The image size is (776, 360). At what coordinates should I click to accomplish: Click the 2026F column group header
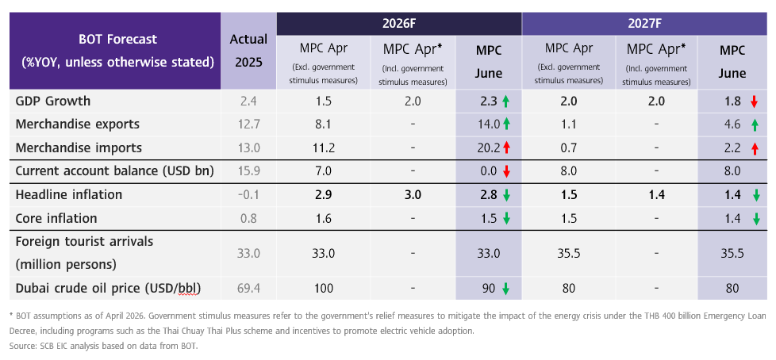pyautogui.click(x=399, y=24)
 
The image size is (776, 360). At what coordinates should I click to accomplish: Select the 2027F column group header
pyautogui.click(x=644, y=24)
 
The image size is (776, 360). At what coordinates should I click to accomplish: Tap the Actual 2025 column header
pyautogui.click(x=248, y=51)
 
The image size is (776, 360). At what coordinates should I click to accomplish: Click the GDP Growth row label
pyautogui.click(x=53, y=101)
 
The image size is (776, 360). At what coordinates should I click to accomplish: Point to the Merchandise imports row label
pyautogui.click(x=79, y=147)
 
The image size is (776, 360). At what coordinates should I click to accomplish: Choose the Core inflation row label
pyautogui.click(x=56, y=218)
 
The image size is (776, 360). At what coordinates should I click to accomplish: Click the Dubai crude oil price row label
pyautogui.click(x=108, y=289)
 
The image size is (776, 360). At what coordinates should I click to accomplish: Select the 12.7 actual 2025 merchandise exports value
pyautogui.click(x=249, y=124)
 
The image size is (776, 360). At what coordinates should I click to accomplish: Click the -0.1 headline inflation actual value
pyautogui.click(x=249, y=195)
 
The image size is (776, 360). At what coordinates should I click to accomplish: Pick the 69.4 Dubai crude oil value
pyautogui.click(x=249, y=289)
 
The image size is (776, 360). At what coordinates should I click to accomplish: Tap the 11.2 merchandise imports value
pyautogui.click(x=323, y=147)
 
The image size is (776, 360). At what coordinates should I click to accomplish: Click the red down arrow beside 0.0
pyautogui.click(x=505, y=171)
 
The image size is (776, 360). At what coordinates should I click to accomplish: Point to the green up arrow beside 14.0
pyautogui.click(x=505, y=124)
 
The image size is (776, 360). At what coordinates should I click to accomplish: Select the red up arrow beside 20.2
pyautogui.click(x=505, y=147)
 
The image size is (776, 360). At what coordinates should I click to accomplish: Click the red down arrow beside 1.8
pyautogui.click(x=754, y=101)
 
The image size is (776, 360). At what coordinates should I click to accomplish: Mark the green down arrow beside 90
pyautogui.click(x=505, y=289)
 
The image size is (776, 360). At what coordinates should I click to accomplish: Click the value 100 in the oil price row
pyautogui.click(x=323, y=289)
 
